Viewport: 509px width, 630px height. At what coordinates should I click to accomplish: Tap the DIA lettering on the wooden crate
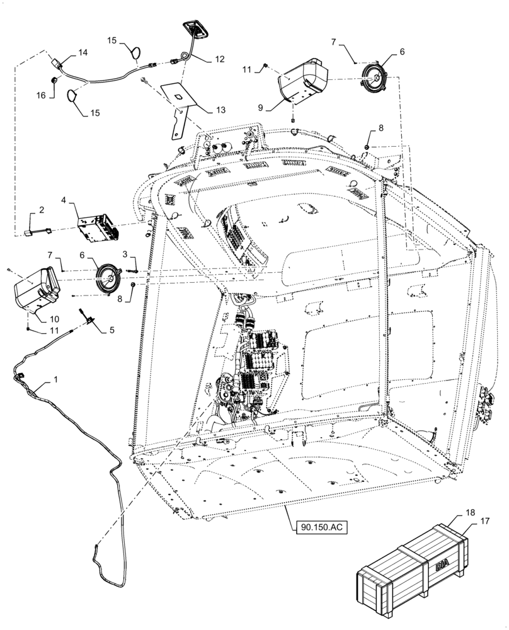coord(440,568)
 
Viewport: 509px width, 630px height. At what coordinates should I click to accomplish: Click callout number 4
coord(64,200)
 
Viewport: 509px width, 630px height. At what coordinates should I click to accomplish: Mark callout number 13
coord(220,110)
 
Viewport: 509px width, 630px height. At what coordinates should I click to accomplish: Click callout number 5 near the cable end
coord(112,329)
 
